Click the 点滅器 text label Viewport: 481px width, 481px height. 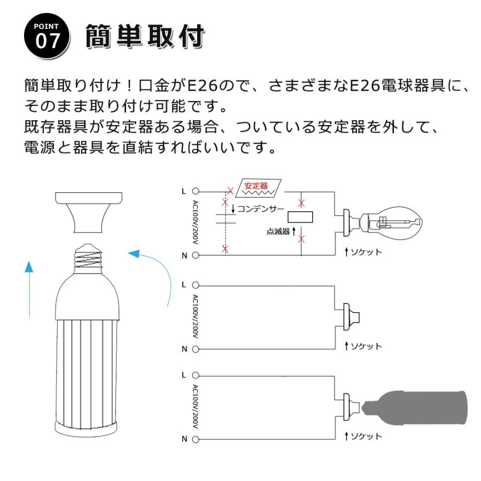(278, 232)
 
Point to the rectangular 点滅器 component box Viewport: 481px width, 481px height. (300, 217)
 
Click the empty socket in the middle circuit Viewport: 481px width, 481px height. (351, 315)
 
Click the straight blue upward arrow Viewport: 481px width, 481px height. (29, 289)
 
